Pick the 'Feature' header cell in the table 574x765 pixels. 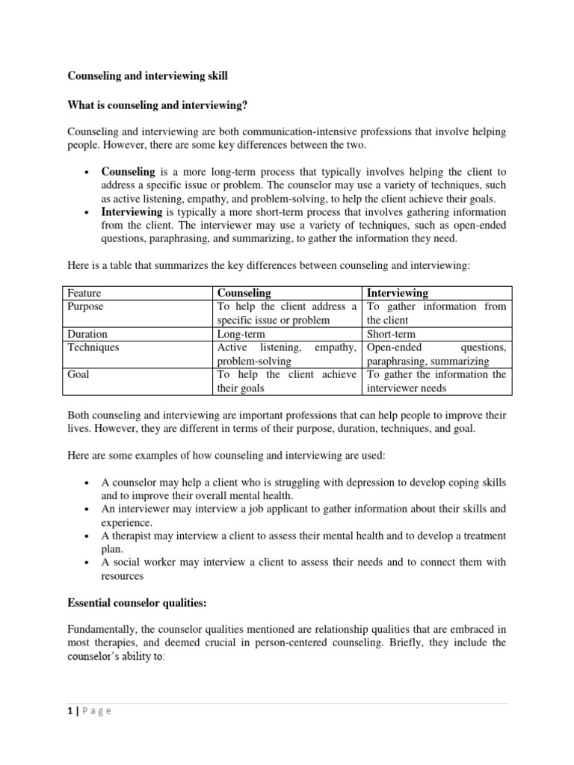[84, 293]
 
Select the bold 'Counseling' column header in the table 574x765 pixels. [244, 293]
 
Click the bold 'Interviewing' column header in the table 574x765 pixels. [398, 293]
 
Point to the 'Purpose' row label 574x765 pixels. [86, 306]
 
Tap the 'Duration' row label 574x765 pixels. [87, 334]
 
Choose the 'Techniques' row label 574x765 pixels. [93, 347]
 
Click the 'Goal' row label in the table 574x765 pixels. [78, 374]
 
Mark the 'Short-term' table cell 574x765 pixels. [392, 334]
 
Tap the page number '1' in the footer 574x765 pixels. [70, 711]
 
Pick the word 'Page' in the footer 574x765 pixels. [96, 711]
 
